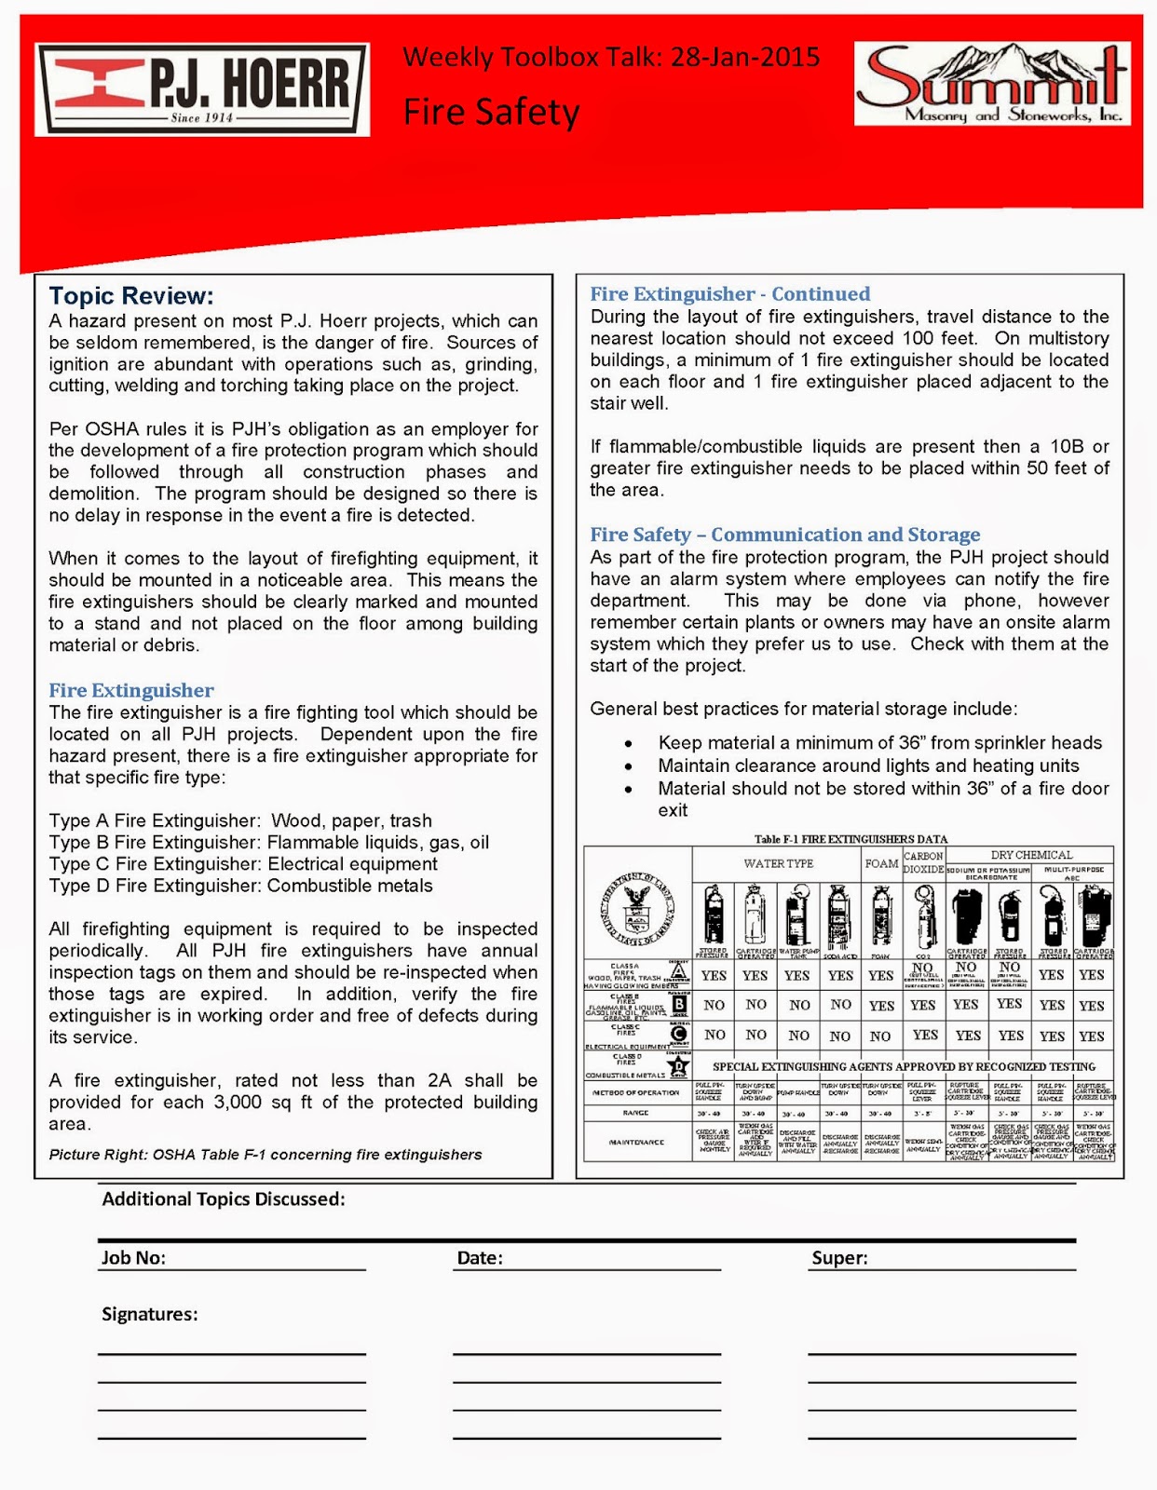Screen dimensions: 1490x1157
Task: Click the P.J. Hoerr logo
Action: tap(202, 89)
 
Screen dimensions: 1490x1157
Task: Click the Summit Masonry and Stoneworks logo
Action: tap(993, 85)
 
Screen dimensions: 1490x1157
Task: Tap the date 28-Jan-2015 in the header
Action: tap(745, 58)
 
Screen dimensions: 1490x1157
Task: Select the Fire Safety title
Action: tap(491, 112)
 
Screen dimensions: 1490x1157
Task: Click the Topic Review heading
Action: tap(131, 296)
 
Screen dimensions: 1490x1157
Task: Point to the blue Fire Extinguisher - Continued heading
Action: tap(729, 294)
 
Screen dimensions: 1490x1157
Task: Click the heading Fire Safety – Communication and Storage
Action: tap(784, 535)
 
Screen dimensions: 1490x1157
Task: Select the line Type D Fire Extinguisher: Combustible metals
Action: tap(240, 886)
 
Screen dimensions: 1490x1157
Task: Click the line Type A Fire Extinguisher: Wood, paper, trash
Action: tap(240, 820)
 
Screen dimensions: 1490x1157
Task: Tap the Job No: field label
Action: tap(133, 1258)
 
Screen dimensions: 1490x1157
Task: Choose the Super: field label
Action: tap(839, 1258)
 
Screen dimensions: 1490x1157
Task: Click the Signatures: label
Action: tap(149, 1314)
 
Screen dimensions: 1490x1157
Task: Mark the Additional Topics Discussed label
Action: tap(224, 1199)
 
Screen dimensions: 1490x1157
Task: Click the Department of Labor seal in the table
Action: tap(638, 904)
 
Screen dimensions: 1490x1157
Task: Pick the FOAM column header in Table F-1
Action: tap(880, 863)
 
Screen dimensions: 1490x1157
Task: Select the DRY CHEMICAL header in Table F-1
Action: tap(1030, 854)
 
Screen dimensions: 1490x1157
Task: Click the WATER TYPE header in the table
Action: tap(778, 863)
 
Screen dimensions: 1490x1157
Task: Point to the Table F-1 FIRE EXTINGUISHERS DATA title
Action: tap(850, 839)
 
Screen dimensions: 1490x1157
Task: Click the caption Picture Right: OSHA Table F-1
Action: tap(265, 1155)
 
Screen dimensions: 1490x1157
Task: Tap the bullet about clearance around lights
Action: tap(868, 765)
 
